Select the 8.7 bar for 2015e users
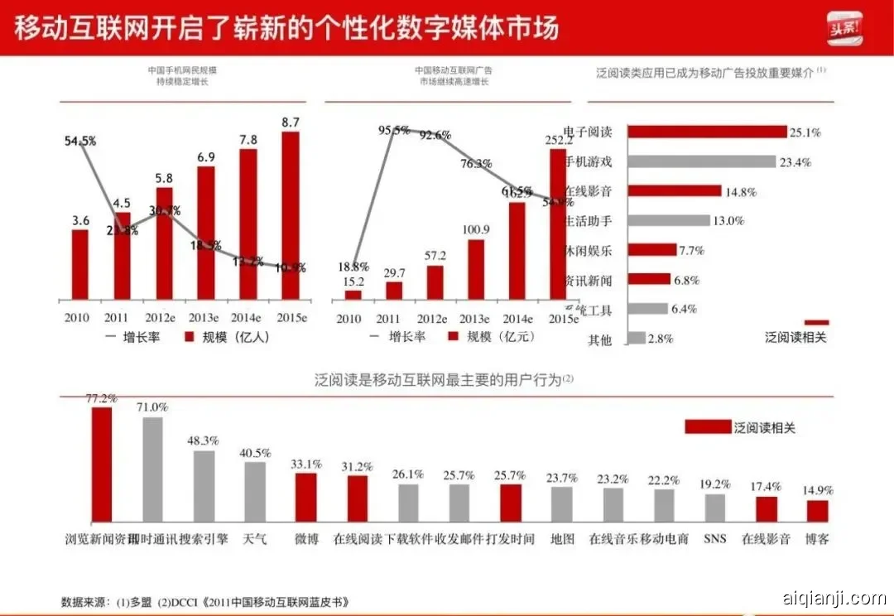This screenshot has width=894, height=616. pyautogui.click(x=291, y=215)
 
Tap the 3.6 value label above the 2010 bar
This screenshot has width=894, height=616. pyautogui.click(x=79, y=220)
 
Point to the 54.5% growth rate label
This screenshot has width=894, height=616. pyautogui.click(x=80, y=142)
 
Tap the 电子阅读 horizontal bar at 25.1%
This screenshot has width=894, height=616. pyautogui.click(x=707, y=132)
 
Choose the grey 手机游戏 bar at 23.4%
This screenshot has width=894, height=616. pyautogui.click(x=701, y=162)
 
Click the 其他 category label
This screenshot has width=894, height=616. pyautogui.click(x=600, y=339)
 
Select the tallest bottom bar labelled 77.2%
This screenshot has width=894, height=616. pyautogui.click(x=101, y=464)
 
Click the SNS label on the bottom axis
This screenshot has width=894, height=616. pyautogui.click(x=714, y=539)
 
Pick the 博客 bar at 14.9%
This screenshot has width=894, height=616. pyautogui.click(x=817, y=511)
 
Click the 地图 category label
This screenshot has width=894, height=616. pyautogui.click(x=562, y=539)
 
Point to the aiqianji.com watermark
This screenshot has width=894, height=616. pyautogui.click(x=834, y=598)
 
